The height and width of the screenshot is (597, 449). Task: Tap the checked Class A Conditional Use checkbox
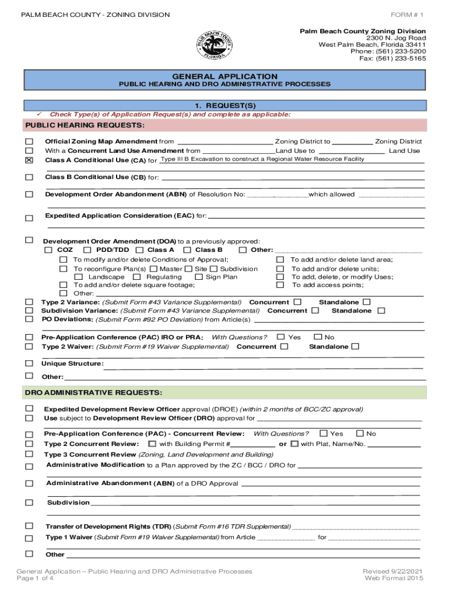(x=29, y=160)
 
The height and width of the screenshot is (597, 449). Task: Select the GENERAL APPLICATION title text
(x=225, y=76)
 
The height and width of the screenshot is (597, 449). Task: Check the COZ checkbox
(x=49, y=250)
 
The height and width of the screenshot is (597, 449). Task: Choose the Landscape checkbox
(x=78, y=278)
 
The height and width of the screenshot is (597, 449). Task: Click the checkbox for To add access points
(x=279, y=285)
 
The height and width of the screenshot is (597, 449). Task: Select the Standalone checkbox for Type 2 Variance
(x=367, y=302)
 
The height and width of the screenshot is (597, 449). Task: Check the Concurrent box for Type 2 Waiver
(x=284, y=347)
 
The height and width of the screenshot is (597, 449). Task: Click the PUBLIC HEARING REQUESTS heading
(x=85, y=125)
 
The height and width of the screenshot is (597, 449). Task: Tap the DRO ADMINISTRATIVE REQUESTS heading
(x=93, y=392)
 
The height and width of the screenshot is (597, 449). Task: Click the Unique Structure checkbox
(x=29, y=364)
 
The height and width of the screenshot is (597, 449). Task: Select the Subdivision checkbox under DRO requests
(x=29, y=503)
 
